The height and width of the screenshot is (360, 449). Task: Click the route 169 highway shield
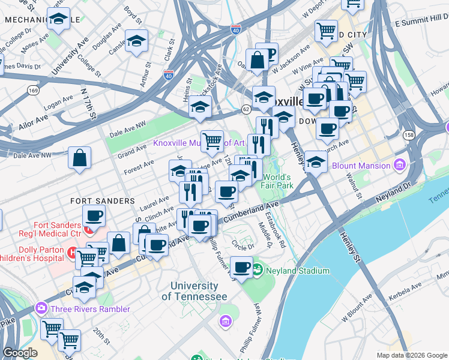tap(32, 91)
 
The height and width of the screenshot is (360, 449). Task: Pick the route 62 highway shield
tap(246, 109)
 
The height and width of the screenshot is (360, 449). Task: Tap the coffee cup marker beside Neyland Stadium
tap(242, 267)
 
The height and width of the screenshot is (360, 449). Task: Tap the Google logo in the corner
tap(20, 353)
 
